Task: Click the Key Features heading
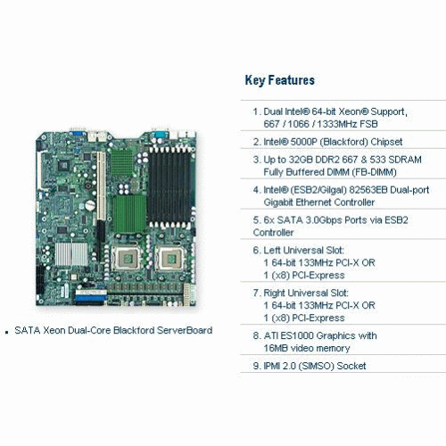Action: click(279, 80)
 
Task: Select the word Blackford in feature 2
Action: click(341, 142)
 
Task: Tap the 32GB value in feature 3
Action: click(301, 160)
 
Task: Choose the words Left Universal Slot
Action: click(303, 251)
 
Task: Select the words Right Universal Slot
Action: click(306, 293)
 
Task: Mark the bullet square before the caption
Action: click(7, 332)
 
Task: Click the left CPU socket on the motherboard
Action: click(127, 258)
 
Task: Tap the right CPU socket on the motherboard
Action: click(169, 259)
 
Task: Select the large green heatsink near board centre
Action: click(129, 214)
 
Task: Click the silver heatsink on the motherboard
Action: click(71, 254)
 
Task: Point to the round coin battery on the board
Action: click(90, 205)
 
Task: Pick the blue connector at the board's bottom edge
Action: click(91, 297)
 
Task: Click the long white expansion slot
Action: click(102, 186)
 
